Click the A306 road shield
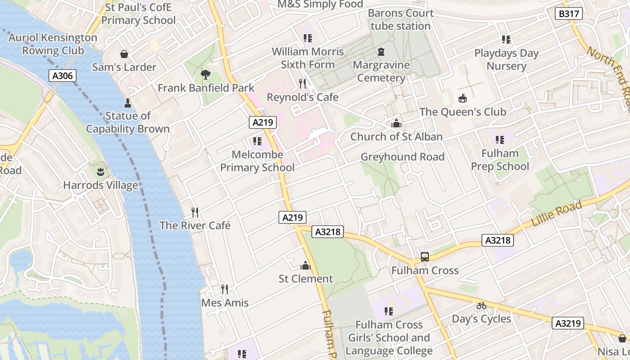pos(62,76)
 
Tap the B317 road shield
pos(568,14)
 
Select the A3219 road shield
pos(568,323)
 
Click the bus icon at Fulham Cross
pos(424,257)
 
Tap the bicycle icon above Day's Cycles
pos(481,306)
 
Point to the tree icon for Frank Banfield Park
pos(206,75)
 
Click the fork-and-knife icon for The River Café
pos(195,212)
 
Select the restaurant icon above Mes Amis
pos(224,289)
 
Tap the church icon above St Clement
pos(306,265)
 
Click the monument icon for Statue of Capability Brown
pos(128,103)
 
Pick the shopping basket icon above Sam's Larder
pos(124,54)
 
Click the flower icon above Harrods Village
pos(100,171)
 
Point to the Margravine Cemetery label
pos(381,72)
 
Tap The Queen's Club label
pos(463,112)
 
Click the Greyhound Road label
pos(402,157)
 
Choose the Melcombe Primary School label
pos(257,161)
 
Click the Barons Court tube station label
pos(400,19)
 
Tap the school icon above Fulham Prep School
pos(499,140)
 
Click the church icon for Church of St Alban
pos(396,123)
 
